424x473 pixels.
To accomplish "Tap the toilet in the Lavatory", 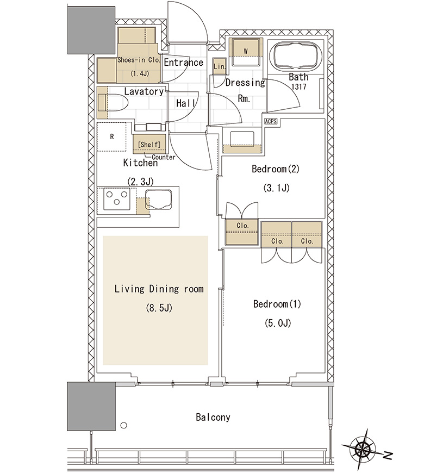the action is click(113, 103).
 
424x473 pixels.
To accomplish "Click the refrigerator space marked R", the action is click(111, 136).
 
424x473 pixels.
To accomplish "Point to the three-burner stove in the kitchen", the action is click(117, 199).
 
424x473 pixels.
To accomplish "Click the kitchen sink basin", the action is click(159, 199).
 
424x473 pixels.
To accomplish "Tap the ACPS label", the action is click(271, 121).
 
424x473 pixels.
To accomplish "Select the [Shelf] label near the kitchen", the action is click(149, 145).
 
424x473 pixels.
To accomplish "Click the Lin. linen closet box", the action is click(219, 66).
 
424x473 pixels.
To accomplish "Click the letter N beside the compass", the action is click(388, 455).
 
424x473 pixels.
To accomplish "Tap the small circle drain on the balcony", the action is click(123, 425).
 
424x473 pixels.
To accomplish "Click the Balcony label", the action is click(213, 417).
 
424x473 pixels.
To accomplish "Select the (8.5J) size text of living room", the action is click(159, 308).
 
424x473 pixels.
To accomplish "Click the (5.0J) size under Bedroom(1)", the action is click(278, 323).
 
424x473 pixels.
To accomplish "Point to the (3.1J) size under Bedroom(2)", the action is click(277, 188).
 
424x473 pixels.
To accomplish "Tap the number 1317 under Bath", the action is click(299, 87).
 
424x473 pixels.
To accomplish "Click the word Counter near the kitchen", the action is click(164, 157).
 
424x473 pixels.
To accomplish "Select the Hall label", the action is click(185, 103).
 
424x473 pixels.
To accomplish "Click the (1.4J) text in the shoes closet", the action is click(140, 73).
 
